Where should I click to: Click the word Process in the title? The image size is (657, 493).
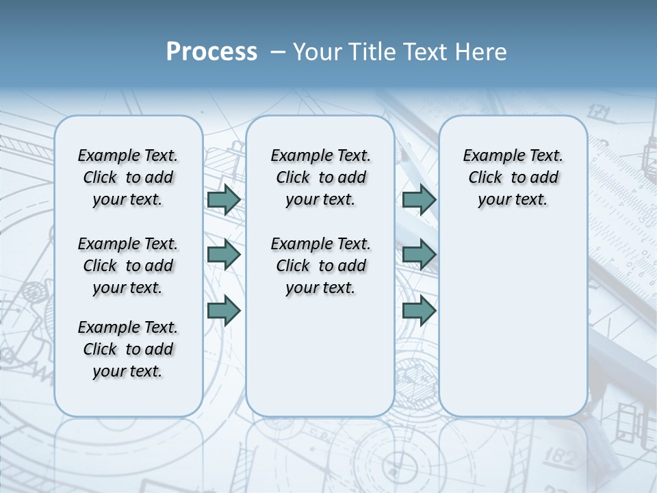tap(211, 52)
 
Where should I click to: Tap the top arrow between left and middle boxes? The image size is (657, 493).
tap(224, 200)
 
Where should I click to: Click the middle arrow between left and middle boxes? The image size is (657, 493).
tap(224, 255)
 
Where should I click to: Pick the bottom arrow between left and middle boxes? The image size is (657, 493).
tap(224, 310)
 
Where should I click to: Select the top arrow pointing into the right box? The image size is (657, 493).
tap(419, 200)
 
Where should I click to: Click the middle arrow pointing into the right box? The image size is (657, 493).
tap(419, 255)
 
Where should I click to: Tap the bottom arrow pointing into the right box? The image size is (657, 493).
tap(419, 310)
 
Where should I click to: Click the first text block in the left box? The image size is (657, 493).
tap(128, 177)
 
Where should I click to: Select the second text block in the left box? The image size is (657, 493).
tap(128, 266)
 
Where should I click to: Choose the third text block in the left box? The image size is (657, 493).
tap(128, 349)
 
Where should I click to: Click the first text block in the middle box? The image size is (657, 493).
tap(320, 177)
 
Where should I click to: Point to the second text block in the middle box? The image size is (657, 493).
tap(320, 266)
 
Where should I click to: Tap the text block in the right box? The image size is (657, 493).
tap(513, 177)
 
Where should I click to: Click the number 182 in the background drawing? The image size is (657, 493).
tap(561, 457)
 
